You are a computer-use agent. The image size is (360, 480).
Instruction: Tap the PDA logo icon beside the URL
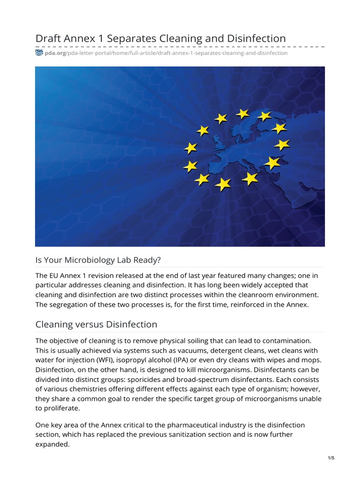(x=39, y=53)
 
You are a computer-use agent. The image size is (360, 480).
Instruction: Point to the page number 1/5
(x=331, y=458)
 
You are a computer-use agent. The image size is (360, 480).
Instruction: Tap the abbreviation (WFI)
(x=97, y=360)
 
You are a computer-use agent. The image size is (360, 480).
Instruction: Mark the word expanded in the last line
(x=52, y=444)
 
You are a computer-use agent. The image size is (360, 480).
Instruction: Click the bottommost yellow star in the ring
(x=223, y=184)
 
